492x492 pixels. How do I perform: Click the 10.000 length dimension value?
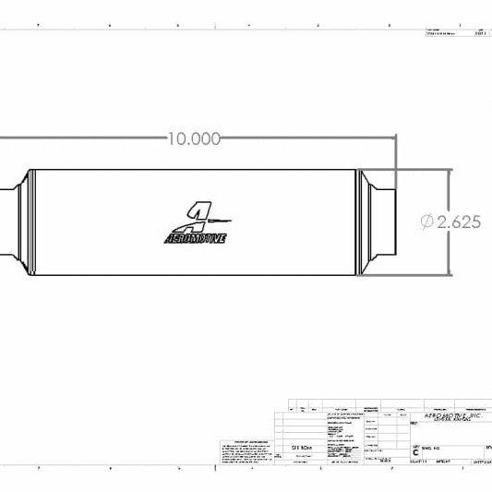tap(194, 138)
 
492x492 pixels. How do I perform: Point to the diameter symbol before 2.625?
tap(427, 222)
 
